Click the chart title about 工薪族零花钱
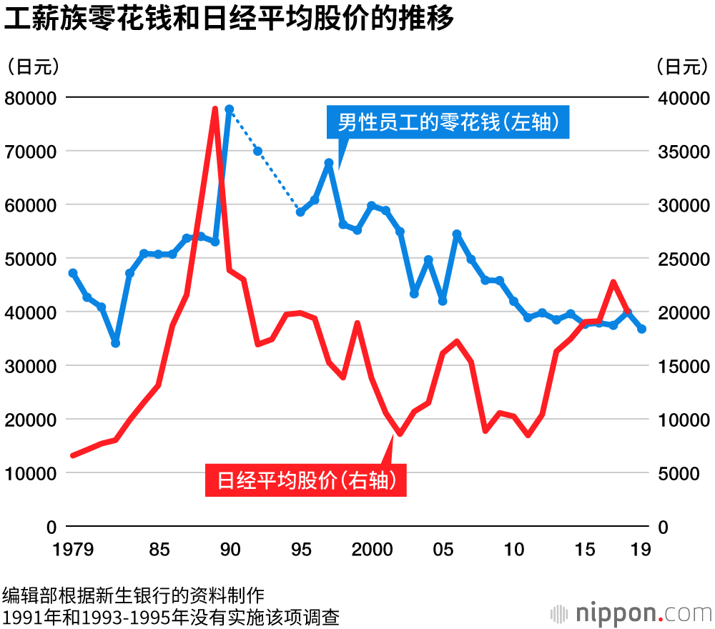click(229, 19)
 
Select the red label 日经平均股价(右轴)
click(306, 480)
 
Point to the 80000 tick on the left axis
click(31, 97)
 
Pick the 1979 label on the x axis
click(73, 550)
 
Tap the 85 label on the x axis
click(159, 550)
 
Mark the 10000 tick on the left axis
click(31, 473)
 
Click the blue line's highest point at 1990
click(230, 109)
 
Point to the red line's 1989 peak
click(214, 109)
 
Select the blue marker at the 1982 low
click(116, 343)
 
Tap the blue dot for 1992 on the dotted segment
click(257, 151)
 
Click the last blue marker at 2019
click(642, 329)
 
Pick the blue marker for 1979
click(73, 273)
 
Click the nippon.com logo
click(629, 613)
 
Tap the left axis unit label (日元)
click(32, 66)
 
